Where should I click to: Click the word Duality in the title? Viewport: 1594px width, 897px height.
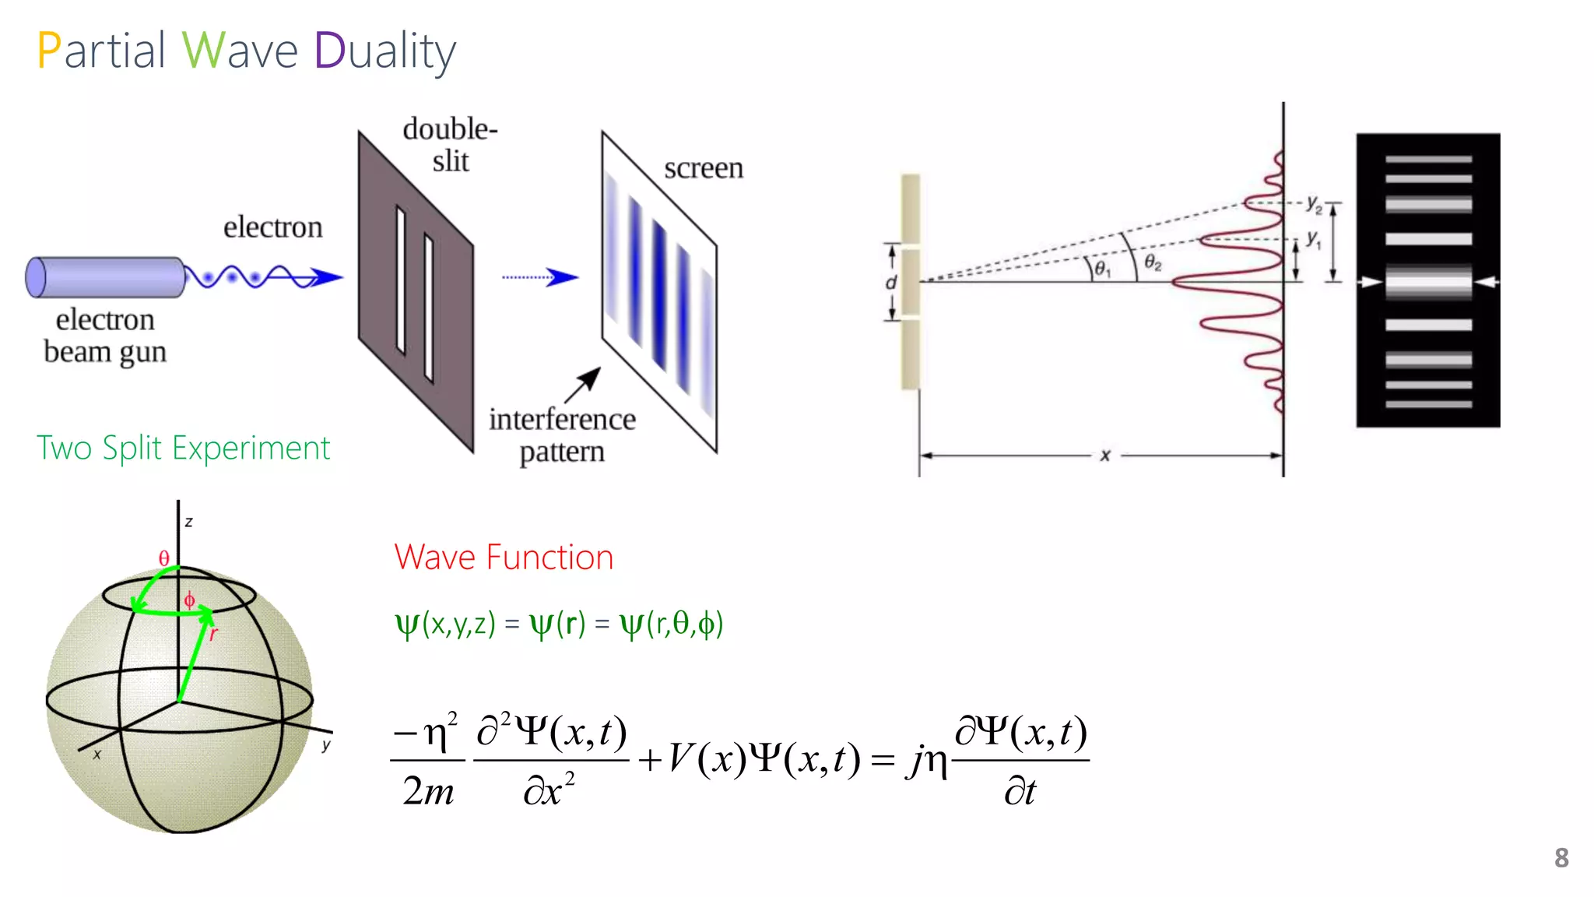pos(384,51)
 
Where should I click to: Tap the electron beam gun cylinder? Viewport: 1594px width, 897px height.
pos(106,277)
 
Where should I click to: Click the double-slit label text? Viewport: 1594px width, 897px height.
pos(450,145)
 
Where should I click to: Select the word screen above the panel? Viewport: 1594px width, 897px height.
pos(704,168)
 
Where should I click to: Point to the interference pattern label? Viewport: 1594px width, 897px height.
pos(562,435)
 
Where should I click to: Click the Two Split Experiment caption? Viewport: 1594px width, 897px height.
pos(184,448)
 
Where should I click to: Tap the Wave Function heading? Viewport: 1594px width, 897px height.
pos(504,558)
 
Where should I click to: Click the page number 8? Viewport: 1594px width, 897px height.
pos(1561,857)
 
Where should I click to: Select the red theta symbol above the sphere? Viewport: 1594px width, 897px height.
pos(163,558)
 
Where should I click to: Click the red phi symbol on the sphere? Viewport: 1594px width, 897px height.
pos(189,600)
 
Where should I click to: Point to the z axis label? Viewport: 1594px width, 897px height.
pos(188,522)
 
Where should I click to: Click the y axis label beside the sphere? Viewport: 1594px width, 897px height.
pos(326,744)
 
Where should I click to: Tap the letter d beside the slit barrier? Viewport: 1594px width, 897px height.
pos(891,282)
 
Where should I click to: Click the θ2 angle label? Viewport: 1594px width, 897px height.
pos(1153,263)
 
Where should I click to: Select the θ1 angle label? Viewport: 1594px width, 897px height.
pos(1102,269)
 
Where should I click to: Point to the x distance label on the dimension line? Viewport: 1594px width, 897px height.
pos(1104,456)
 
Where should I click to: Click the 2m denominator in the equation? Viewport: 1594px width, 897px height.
pos(428,791)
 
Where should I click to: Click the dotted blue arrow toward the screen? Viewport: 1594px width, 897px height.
pos(539,276)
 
